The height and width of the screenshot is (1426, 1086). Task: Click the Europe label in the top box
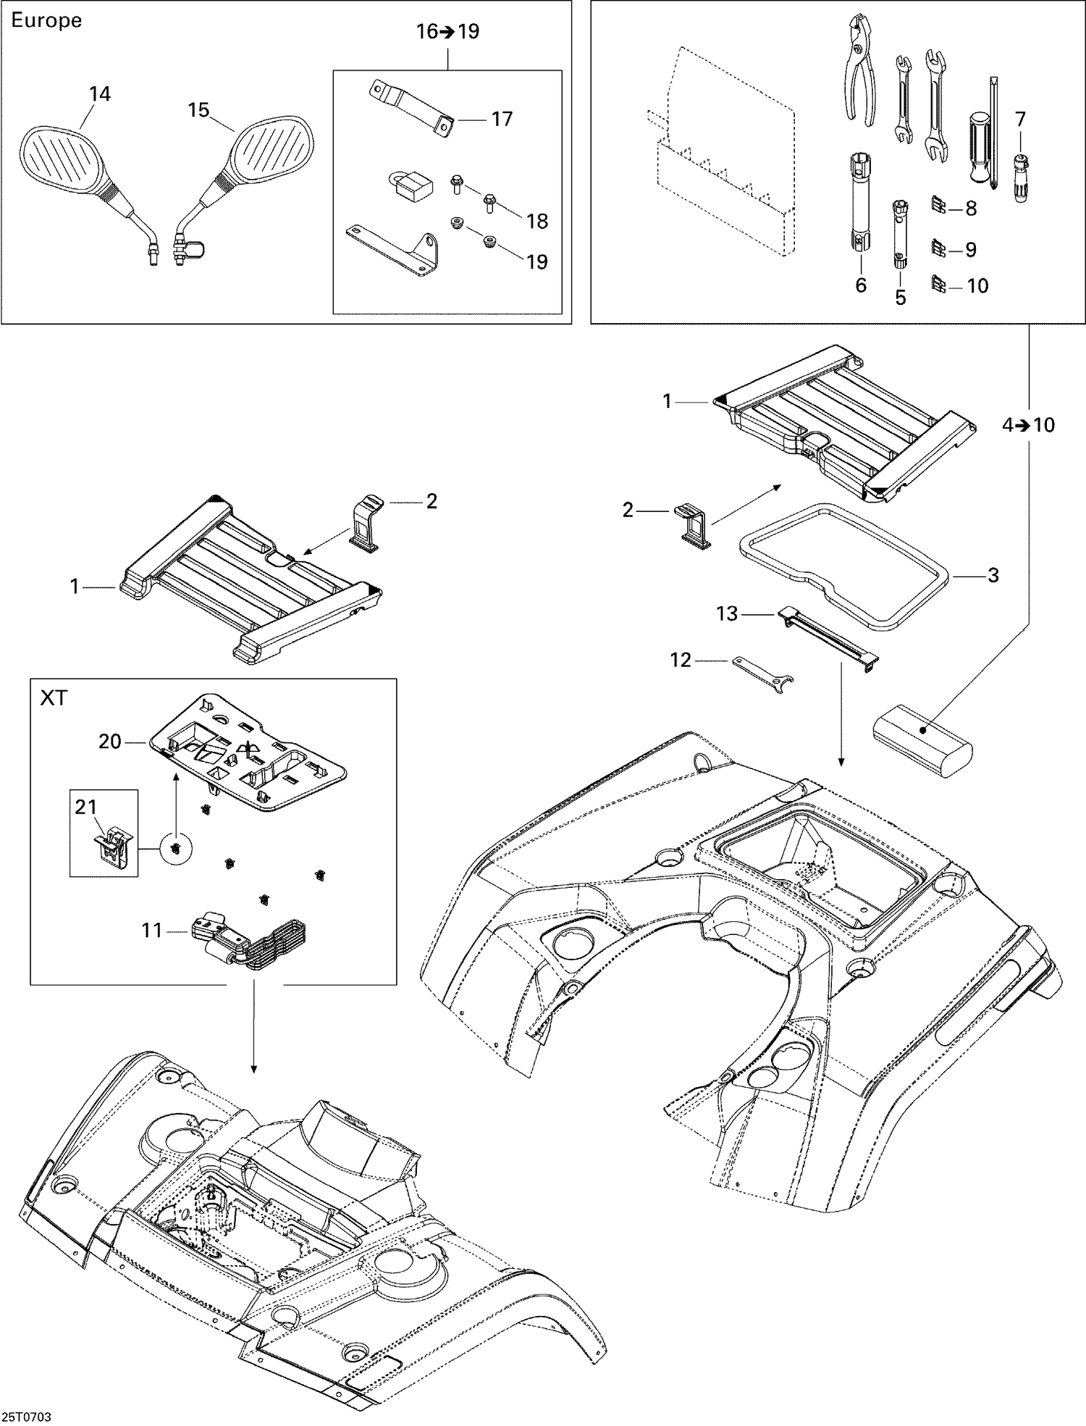click(x=46, y=21)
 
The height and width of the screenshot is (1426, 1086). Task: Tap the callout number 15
click(x=198, y=110)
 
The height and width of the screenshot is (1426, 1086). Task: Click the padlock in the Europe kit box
click(x=411, y=185)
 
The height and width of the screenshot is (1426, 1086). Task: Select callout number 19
click(x=536, y=261)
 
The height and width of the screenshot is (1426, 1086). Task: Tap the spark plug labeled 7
click(x=1020, y=177)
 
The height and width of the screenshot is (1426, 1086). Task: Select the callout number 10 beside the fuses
click(x=977, y=286)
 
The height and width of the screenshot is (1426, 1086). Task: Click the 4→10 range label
click(x=1028, y=425)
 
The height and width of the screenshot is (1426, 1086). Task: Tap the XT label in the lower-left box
click(x=54, y=698)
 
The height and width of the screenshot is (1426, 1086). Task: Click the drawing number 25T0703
click(x=27, y=1416)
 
